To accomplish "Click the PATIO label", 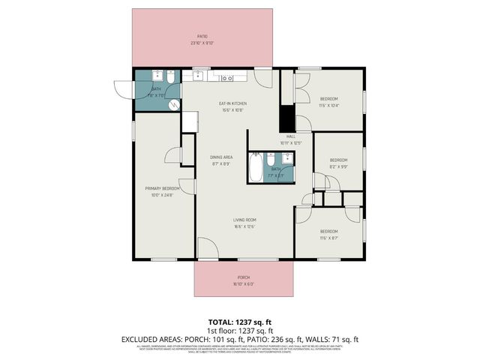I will coord(202,36).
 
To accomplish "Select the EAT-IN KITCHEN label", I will coord(232,103).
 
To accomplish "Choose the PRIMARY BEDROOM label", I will coord(159,189).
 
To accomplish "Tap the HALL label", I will coord(290,136).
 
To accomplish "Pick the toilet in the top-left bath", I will coord(171,77).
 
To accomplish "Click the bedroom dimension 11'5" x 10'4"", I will coord(330,106).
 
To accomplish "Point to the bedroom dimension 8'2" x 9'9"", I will coord(339,166).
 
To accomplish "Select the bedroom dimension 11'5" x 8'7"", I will coord(329,238).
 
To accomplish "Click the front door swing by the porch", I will coord(206,248).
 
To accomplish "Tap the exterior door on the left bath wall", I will coord(122,88).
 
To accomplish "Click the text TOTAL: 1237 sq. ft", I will coord(239,321).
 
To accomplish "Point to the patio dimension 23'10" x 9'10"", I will coord(202,43).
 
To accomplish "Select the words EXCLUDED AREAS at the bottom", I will coord(151,339).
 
